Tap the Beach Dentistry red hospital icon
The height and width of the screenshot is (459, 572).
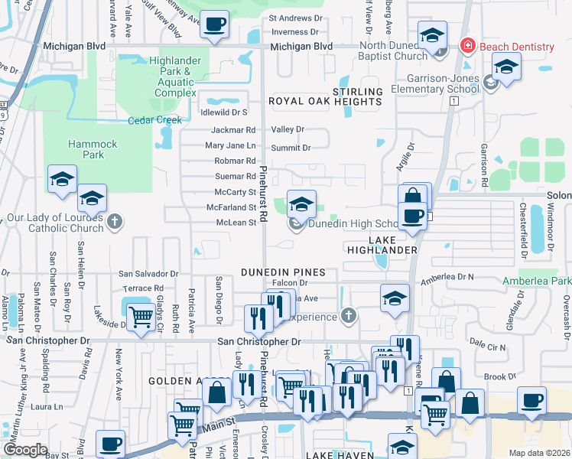466,47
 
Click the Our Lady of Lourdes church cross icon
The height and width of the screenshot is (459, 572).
115,223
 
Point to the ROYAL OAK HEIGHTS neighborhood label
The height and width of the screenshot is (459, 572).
324,101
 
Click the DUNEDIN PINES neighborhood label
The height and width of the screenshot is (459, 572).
283,272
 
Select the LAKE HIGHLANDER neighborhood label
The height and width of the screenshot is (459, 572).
393,245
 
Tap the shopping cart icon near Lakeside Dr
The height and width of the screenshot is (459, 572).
141,317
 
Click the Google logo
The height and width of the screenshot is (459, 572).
25,450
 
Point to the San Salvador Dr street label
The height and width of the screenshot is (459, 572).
148,273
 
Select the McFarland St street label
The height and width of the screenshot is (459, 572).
231,207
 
